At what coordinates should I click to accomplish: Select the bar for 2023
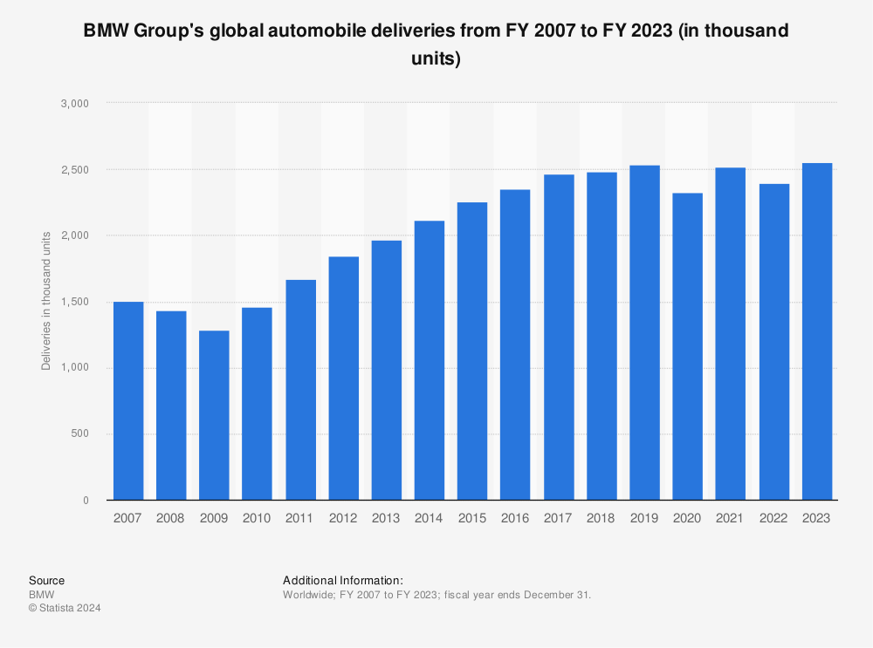(817, 331)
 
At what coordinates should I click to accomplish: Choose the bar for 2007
(128, 400)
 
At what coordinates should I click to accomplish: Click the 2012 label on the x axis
(343, 518)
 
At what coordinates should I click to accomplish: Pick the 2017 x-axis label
(559, 518)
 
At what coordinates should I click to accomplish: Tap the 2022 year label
(774, 518)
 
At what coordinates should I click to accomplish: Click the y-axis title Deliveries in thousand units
(46, 301)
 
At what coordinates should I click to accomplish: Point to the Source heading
(46, 580)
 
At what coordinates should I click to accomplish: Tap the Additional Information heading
(343, 580)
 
